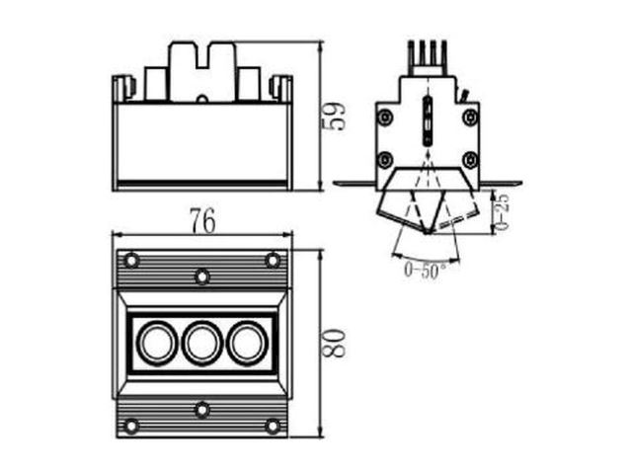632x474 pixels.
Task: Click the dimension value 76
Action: coord(203,220)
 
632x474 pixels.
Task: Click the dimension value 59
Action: coord(335,117)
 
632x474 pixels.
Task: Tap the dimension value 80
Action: coord(335,343)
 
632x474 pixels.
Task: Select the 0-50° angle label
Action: coord(426,270)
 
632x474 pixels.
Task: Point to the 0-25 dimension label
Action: coord(502,210)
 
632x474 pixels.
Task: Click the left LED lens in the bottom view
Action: coord(157,344)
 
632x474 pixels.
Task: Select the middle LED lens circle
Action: coord(201,344)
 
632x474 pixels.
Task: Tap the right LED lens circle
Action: coord(247,344)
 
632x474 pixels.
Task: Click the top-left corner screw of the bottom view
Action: coord(131,261)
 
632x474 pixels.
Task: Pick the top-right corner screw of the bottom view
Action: coord(273,261)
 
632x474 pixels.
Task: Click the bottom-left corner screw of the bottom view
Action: coord(131,426)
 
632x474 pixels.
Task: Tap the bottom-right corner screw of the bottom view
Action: coord(273,426)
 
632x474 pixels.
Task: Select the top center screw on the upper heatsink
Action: coord(201,276)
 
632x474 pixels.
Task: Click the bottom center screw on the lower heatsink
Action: coord(201,410)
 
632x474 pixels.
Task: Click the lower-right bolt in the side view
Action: coord(470,160)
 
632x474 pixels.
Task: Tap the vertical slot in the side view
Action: coord(428,120)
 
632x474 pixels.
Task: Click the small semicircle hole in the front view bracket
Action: coord(202,99)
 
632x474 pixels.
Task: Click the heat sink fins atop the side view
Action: coord(428,57)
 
